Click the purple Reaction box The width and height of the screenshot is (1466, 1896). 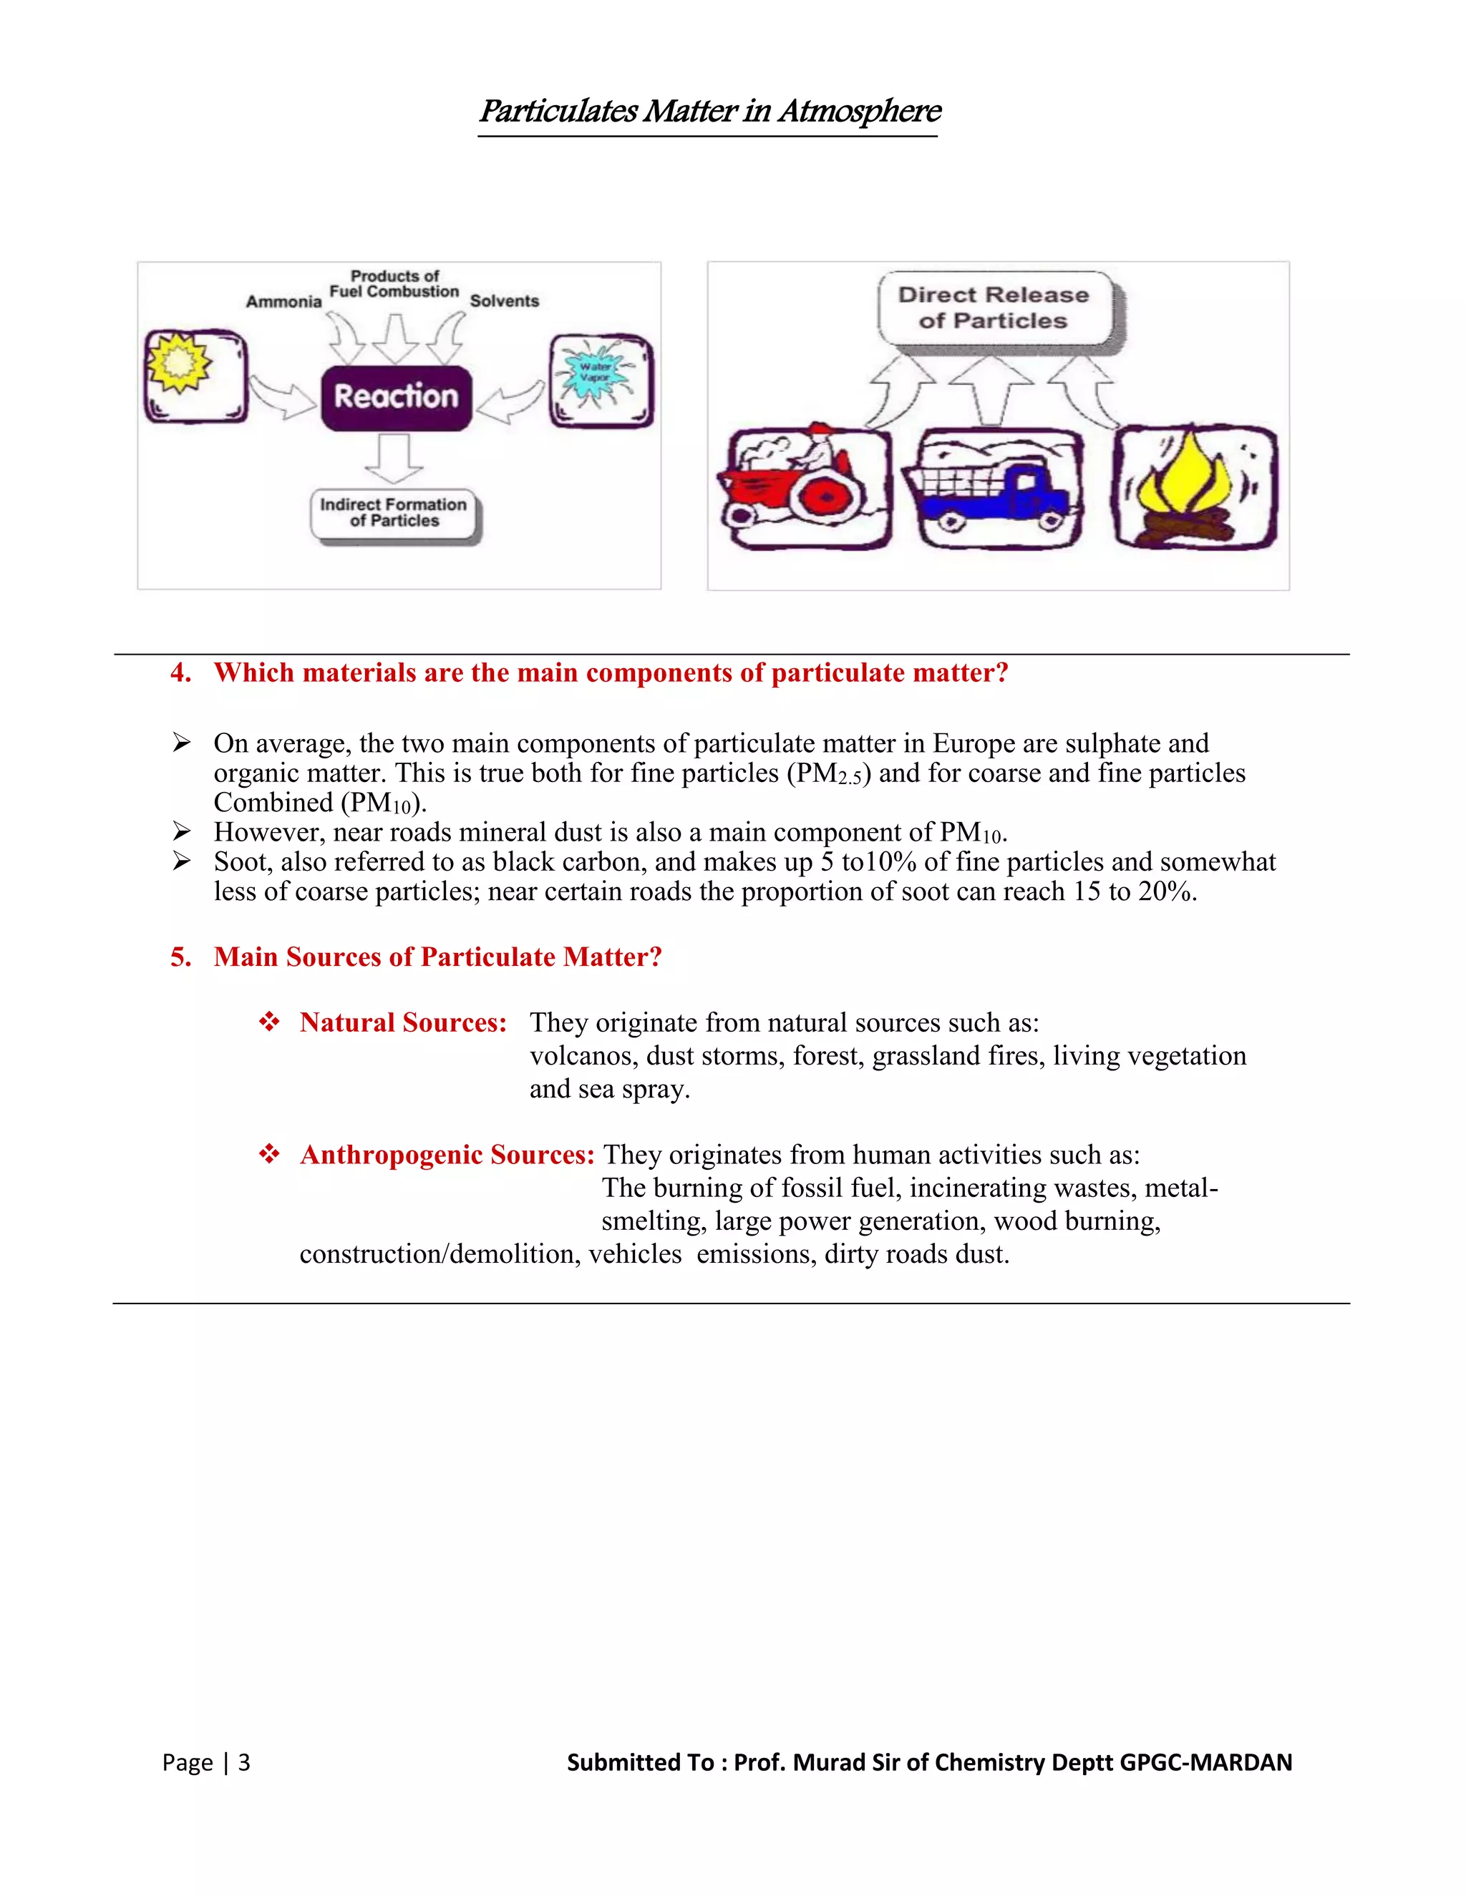click(x=396, y=398)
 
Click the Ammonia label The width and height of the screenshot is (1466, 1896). click(x=283, y=302)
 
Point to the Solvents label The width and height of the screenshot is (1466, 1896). click(x=504, y=301)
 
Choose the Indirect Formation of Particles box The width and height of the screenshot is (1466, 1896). click(x=394, y=513)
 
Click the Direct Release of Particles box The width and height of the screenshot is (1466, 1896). click(x=994, y=308)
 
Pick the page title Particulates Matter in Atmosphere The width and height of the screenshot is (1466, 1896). click(x=709, y=111)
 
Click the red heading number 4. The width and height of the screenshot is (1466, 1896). click(x=180, y=673)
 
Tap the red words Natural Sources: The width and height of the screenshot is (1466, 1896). click(x=403, y=1022)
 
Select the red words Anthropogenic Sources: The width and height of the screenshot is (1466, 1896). click(x=447, y=1155)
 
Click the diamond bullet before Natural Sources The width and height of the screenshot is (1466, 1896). click(x=269, y=1022)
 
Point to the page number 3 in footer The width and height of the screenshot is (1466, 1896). click(x=244, y=1762)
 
